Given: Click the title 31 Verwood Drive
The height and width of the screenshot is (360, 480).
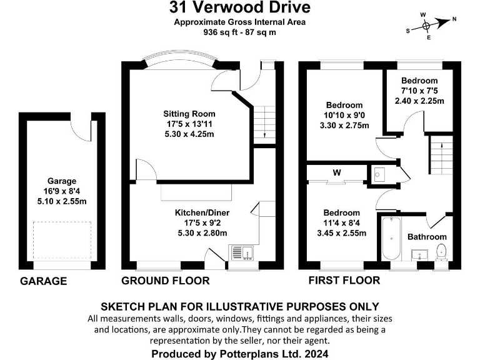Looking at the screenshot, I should coord(240,8).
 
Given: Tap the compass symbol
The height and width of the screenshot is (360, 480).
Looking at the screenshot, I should coord(426,26).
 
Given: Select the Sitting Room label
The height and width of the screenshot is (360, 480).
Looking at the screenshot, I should coord(189,114).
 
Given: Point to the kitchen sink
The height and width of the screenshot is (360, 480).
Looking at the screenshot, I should coord(243,252).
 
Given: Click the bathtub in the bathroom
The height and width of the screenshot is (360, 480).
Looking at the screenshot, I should coord(390,239).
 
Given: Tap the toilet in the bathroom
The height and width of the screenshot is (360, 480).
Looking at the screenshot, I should coord(441,251).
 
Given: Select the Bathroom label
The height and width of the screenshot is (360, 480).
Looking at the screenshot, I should coord(427,237).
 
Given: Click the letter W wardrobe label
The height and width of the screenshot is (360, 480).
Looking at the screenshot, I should coord(336,172).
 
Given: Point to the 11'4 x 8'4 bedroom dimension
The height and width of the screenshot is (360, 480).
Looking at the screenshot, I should coord(342,223).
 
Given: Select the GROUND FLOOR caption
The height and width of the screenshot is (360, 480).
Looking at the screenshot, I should coord(165,281).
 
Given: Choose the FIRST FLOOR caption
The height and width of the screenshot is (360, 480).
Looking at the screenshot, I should coord(344,281).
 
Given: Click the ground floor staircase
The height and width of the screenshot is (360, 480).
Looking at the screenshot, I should coord(265,121).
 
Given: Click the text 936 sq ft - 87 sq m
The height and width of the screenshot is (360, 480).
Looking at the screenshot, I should coord(239,32).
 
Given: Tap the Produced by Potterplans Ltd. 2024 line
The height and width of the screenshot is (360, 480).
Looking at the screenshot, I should coord(239,354).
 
